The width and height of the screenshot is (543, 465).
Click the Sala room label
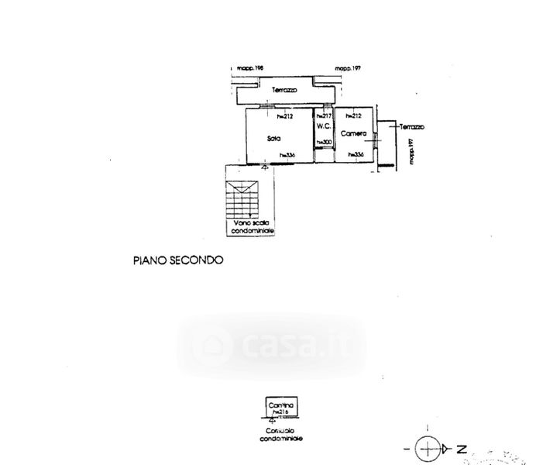(x=273, y=138)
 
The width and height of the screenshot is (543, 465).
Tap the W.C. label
(x=324, y=129)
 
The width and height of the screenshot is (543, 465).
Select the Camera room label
(x=354, y=133)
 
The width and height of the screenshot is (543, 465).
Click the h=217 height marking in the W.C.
(x=323, y=116)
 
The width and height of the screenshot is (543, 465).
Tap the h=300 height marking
(x=324, y=142)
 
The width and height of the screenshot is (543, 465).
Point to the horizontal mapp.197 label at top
(x=349, y=69)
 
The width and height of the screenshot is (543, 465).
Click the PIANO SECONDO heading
(x=177, y=260)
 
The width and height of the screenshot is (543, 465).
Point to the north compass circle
(x=427, y=448)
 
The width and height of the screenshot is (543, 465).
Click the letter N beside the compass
(x=460, y=448)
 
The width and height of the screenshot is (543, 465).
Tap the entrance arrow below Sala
(x=266, y=166)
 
